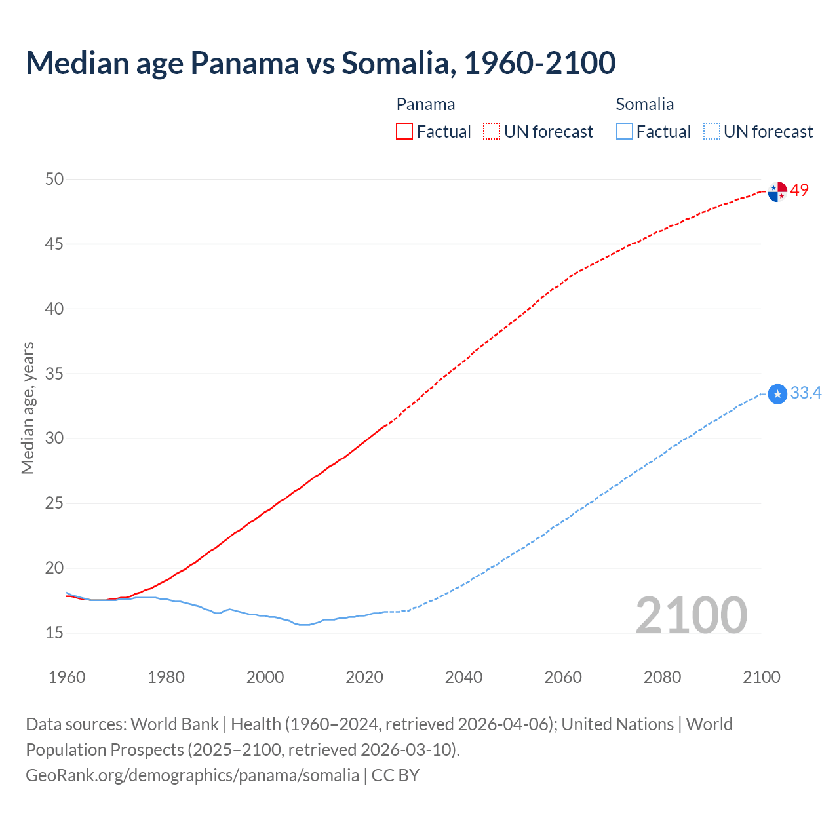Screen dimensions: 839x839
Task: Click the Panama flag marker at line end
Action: [777, 191]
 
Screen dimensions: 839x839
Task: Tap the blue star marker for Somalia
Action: [777, 394]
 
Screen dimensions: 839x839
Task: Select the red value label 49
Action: [800, 190]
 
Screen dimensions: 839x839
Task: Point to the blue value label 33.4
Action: [806, 393]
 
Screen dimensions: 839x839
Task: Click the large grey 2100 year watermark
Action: [691, 615]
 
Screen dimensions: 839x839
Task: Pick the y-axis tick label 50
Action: [54, 179]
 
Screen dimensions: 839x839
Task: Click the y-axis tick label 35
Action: [54, 374]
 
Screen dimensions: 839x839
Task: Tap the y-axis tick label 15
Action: [54, 633]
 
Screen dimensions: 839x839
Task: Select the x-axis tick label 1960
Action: [67, 677]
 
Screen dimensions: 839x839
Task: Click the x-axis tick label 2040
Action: [463, 677]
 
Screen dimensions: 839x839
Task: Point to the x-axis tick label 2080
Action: [662, 677]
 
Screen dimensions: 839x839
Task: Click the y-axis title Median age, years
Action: [28, 408]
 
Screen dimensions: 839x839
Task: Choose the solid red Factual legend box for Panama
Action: [404, 132]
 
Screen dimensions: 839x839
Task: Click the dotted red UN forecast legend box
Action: [492, 132]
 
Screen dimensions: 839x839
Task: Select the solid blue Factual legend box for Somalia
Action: [625, 132]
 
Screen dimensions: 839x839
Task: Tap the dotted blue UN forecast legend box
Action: [711, 132]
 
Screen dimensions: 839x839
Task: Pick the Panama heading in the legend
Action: [425, 104]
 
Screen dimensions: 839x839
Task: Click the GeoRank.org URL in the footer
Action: [192, 775]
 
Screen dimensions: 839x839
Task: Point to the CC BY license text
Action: [395, 775]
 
